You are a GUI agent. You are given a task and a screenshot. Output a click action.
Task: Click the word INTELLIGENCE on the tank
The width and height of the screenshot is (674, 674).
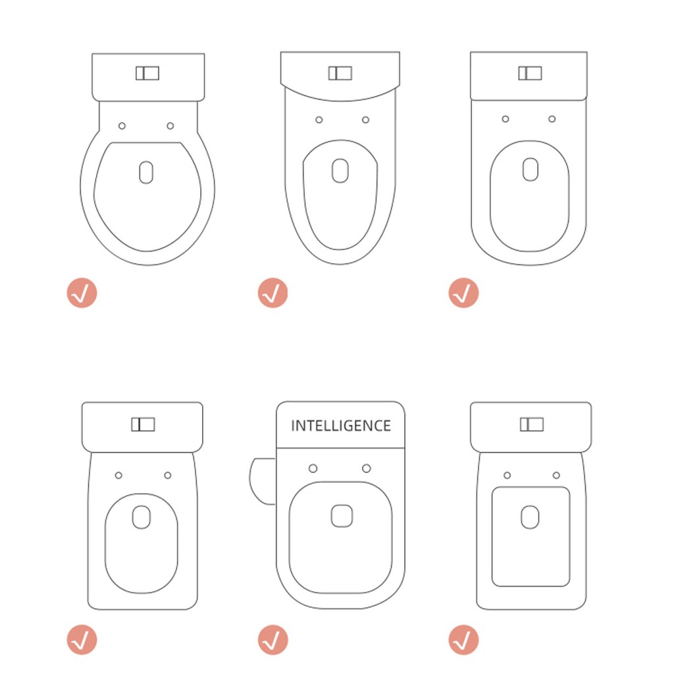[x=341, y=426]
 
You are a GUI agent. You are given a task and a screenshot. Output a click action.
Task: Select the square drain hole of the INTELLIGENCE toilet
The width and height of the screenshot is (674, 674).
[x=342, y=516]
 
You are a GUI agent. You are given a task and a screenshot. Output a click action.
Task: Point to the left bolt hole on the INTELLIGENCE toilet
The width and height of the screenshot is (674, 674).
[x=313, y=468]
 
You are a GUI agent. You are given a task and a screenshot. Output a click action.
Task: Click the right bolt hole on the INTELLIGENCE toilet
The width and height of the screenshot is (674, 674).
[x=366, y=468]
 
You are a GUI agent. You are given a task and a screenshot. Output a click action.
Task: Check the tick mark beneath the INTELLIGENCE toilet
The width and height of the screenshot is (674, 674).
[x=272, y=640]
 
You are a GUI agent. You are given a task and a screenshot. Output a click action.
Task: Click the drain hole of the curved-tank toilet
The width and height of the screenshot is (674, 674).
[x=340, y=170]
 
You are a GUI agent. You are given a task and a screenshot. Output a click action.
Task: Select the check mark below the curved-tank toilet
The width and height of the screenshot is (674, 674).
[x=272, y=293]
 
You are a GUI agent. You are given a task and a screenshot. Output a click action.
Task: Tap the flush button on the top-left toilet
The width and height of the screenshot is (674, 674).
[x=147, y=73]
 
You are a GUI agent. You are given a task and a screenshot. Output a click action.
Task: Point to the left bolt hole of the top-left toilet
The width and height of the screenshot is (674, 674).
[x=122, y=126]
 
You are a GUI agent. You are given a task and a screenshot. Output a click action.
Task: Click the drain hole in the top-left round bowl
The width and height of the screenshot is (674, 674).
[x=146, y=172]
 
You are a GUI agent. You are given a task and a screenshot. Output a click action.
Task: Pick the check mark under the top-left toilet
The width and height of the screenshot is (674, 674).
[x=82, y=293]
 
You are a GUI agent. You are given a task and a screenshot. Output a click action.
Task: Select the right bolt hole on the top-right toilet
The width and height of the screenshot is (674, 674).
[x=552, y=119]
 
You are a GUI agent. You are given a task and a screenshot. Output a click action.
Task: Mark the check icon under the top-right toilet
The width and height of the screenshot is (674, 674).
[x=463, y=293]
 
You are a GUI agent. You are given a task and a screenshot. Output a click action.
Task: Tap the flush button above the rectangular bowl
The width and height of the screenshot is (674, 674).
[x=532, y=425]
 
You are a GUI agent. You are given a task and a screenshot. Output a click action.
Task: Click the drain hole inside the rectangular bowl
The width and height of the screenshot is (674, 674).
[x=530, y=517]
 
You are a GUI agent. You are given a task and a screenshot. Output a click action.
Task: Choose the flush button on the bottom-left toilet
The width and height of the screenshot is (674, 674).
[x=143, y=425]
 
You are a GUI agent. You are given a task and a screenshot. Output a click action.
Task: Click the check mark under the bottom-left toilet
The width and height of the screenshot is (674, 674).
[x=82, y=640]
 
